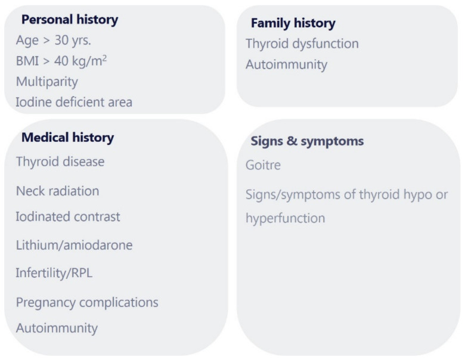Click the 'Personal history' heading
pyautogui.click(x=70, y=20)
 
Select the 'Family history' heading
pyautogui.click(x=293, y=23)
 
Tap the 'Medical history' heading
pyautogui.click(x=67, y=138)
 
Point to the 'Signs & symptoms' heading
pyautogui.click(x=307, y=141)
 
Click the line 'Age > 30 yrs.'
pyautogui.click(x=54, y=41)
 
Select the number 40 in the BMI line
pyautogui.click(x=61, y=61)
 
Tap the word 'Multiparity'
pyautogui.click(x=47, y=82)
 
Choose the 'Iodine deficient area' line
pyautogui.click(x=74, y=102)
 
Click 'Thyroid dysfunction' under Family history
pyautogui.click(x=302, y=44)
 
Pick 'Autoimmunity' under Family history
pyautogui.click(x=286, y=65)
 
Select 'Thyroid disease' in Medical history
pyautogui.click(x=60, y=162)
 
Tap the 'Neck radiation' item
pyautogui.click(x=58, y=191)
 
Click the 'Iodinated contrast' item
pyautogui.click(x=68, y=217)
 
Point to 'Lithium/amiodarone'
pyautogui.click(x=74, y=245)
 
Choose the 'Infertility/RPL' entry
pyautogui.click(x=54, y=273)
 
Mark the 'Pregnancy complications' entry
pyautogui.click(x=87, y=303)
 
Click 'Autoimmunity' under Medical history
pyautogui.click(x=57, y=328)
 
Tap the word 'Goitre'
pyautogui.click(x=263, y=165)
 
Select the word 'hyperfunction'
pyautogui.click(x=286, y=219)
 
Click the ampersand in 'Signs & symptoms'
pyautogui.click(x=292, y=141)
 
